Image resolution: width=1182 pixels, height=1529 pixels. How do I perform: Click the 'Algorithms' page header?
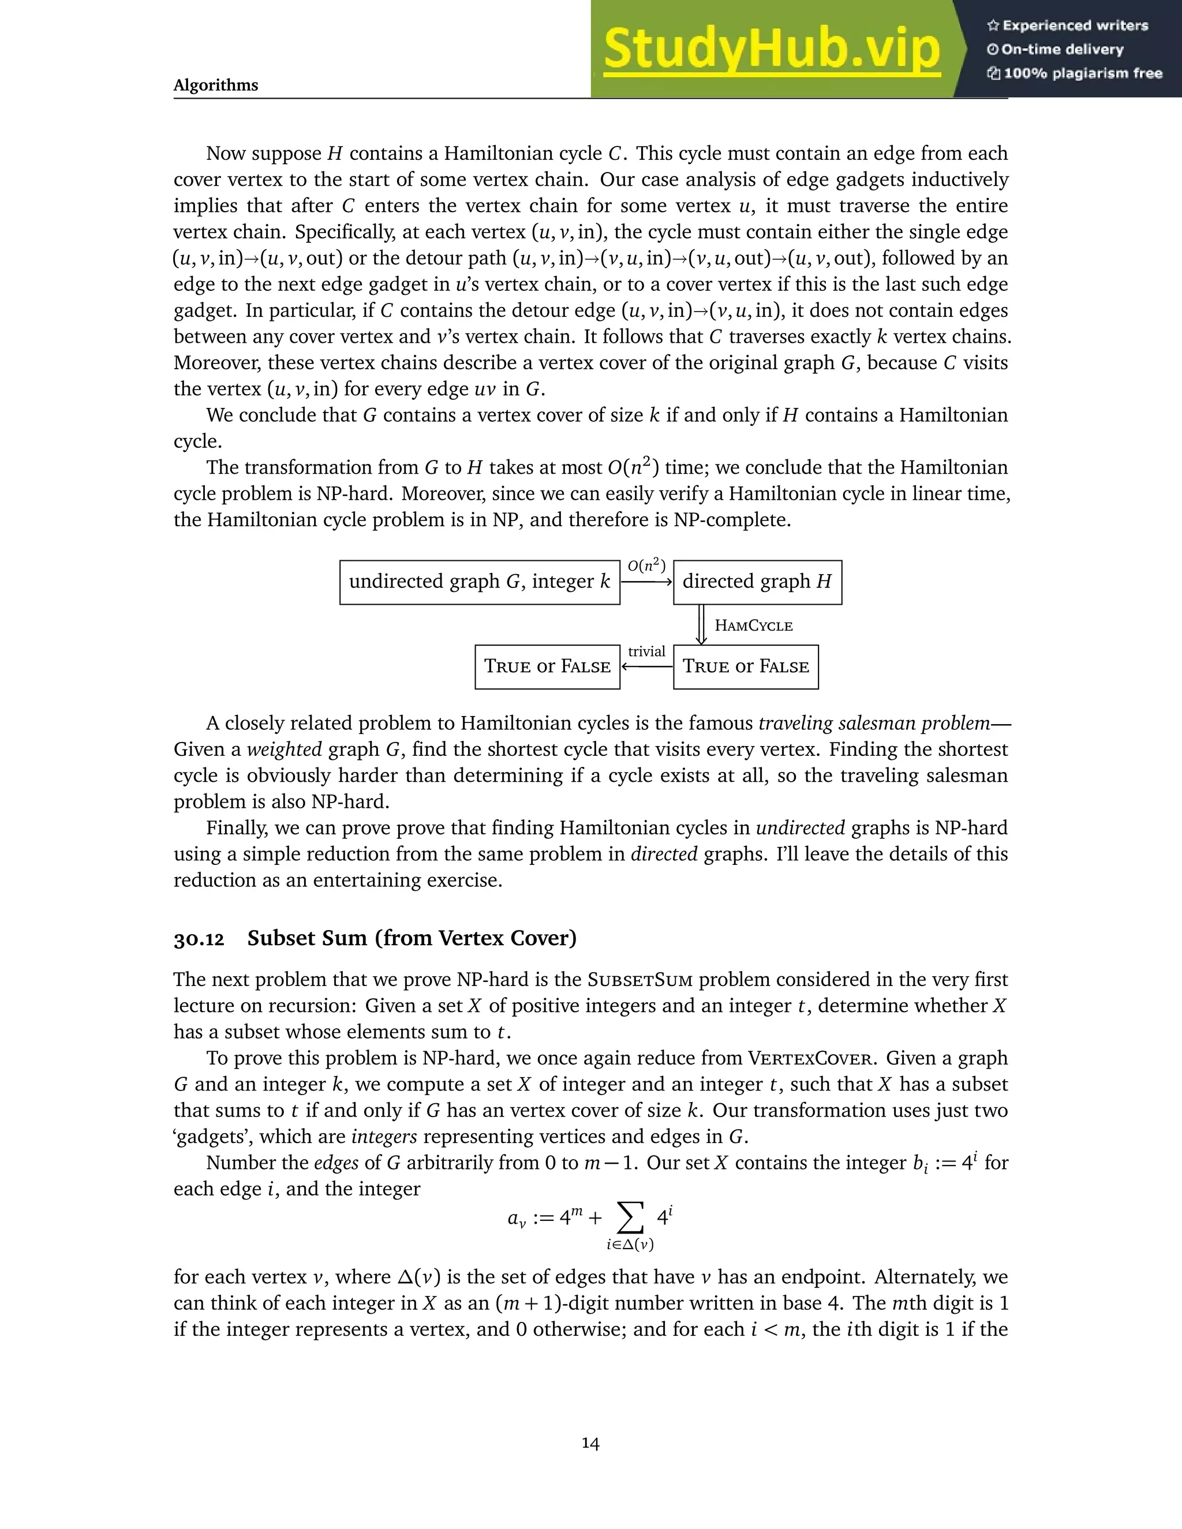[216, 85]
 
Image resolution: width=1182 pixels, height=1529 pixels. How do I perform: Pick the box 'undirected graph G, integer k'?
[480, 582]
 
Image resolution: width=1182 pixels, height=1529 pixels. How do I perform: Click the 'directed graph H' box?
[757, 582]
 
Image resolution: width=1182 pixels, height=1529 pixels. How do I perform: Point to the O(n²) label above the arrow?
[646, 565]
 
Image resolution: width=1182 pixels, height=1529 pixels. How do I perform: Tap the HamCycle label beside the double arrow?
[753, 626]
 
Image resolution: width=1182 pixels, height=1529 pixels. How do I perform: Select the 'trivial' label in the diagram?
[646, 651]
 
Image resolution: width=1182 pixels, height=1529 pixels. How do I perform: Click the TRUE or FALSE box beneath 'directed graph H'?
[746, 666]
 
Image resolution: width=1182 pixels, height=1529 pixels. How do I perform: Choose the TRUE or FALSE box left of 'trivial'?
[547, 666]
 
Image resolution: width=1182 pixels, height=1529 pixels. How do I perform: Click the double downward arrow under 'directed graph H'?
[701, 624]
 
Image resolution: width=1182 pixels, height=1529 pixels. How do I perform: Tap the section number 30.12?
[199, 939]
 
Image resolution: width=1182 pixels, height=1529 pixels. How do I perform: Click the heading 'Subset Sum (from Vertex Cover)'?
[412, 938]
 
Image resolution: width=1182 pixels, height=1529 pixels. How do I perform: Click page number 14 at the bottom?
[590, 1443]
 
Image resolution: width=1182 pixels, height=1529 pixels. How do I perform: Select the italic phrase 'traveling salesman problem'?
[874, 722]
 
